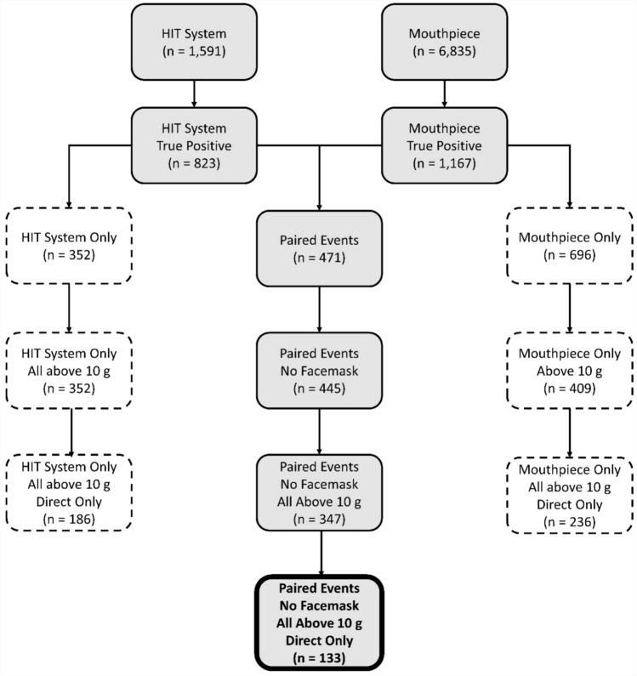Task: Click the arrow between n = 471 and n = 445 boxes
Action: [319, 305]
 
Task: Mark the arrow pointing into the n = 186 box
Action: [70, 430]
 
